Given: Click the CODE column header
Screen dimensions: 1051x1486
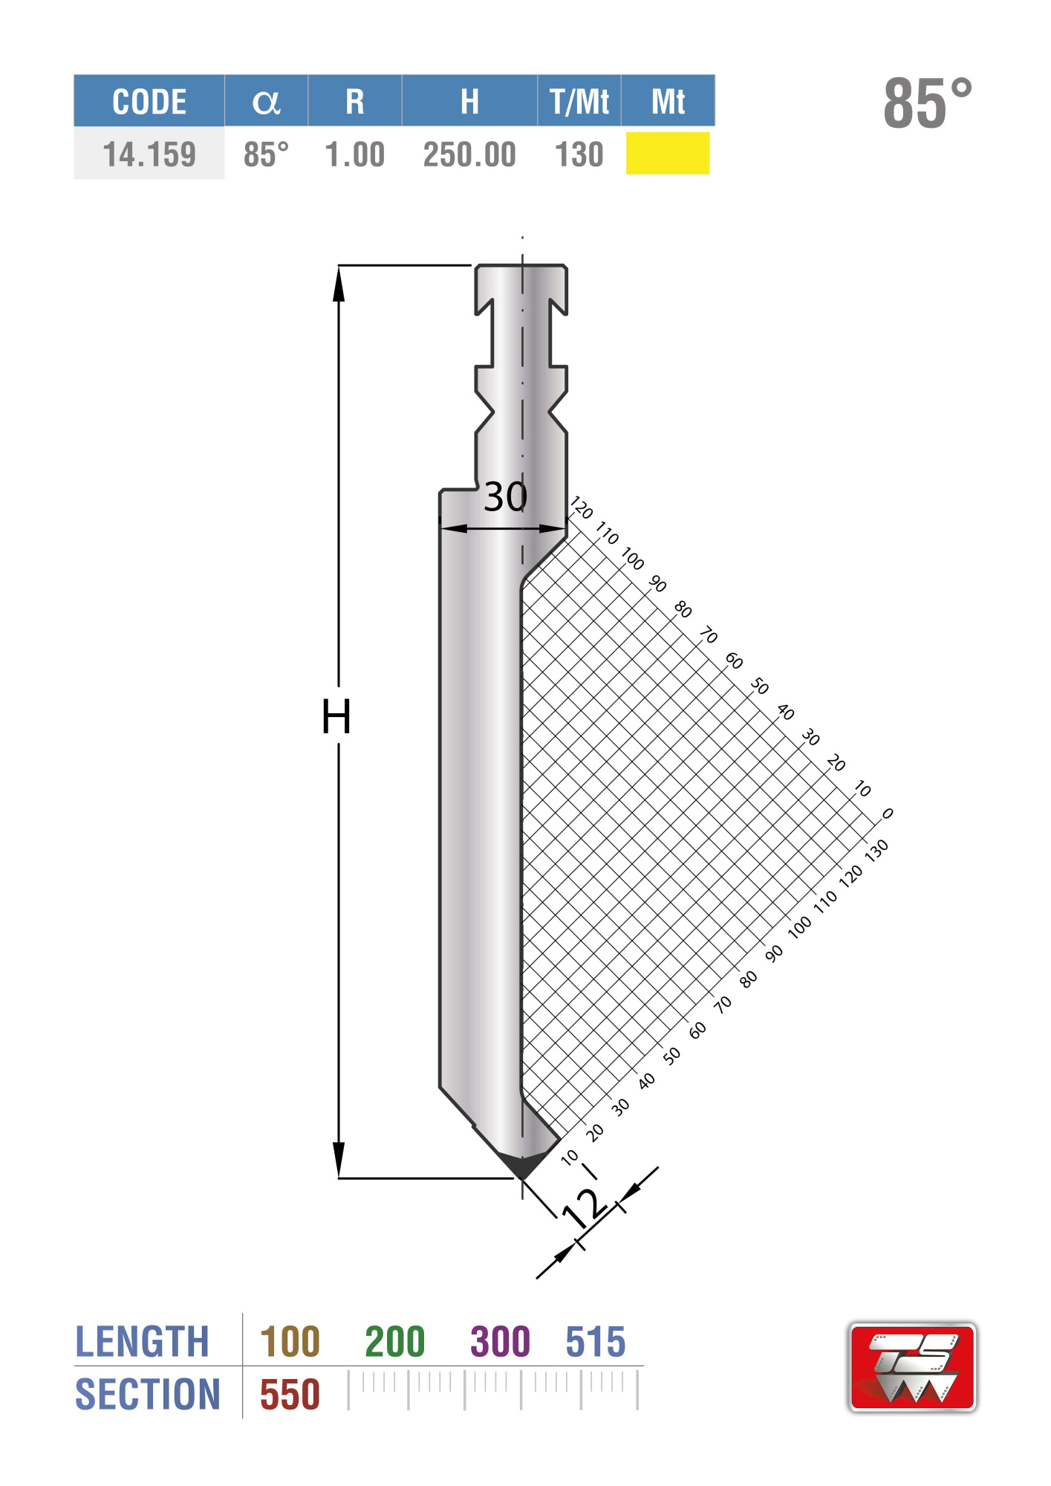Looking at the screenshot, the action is [149, 101].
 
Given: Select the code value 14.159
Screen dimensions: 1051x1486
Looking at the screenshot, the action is [149, 155].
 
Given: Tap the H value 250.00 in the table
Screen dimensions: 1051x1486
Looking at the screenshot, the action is [469, 155].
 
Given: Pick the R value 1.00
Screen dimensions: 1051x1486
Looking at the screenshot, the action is [355, 155].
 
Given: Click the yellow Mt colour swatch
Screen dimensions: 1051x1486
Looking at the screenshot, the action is [668, 153].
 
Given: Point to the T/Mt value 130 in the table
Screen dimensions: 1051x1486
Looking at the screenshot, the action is [579, 155].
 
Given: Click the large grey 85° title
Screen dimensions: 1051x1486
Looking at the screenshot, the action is [928, 103].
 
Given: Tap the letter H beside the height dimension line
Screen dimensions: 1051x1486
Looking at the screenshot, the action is [336, 716].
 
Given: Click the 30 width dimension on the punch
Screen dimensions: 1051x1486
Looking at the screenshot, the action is [506, 496].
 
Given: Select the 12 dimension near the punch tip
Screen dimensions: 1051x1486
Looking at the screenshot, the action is [584, 1207].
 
